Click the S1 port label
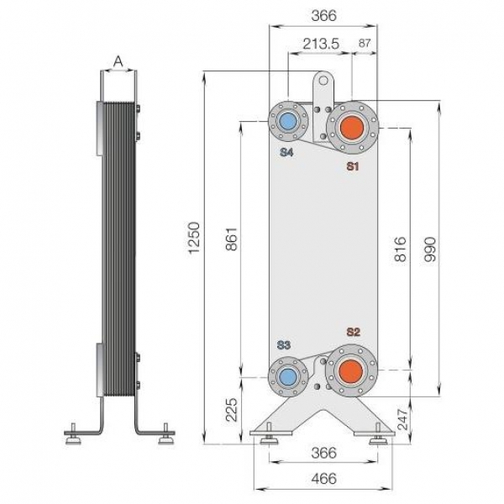pyautogui.click(x=352, y=166)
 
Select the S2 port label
pyautogui.click(x=353, y=332)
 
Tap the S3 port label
pyautogui.click(x=284, y=345)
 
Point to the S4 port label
pyautogui.click(x=286, y=152)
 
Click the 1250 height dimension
pyautogui.click(x=194, y=237)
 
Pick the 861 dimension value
pyautogui.click(x=232, y=239)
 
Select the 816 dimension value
pyautogui.click(x=400, y=249)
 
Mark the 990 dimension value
pyautogui.click(x=430, y=249)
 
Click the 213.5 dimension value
pyautogui.click(x=321, y=44)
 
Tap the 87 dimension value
pyautogui.click(x=365, y=43)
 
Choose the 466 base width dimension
pyautogui.click(x=323, y=478)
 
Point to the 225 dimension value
pyautogui.click(x=232, y=410)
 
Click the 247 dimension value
pyautogui.click(x=402, y=419)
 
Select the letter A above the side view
pyautogui.click(x=118, y=60)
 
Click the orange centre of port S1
pyautogui.click(x=352, y=128)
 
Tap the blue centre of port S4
pyautogui.click(x=287, y=122)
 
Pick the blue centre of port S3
pyautogui.click(x=287, y=376)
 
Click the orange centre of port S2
pyautogui.click(x=351, y=371)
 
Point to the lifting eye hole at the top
pyautogui.click(x=323, y=81)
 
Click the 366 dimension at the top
pyautogui.click(x=323, y=15)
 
